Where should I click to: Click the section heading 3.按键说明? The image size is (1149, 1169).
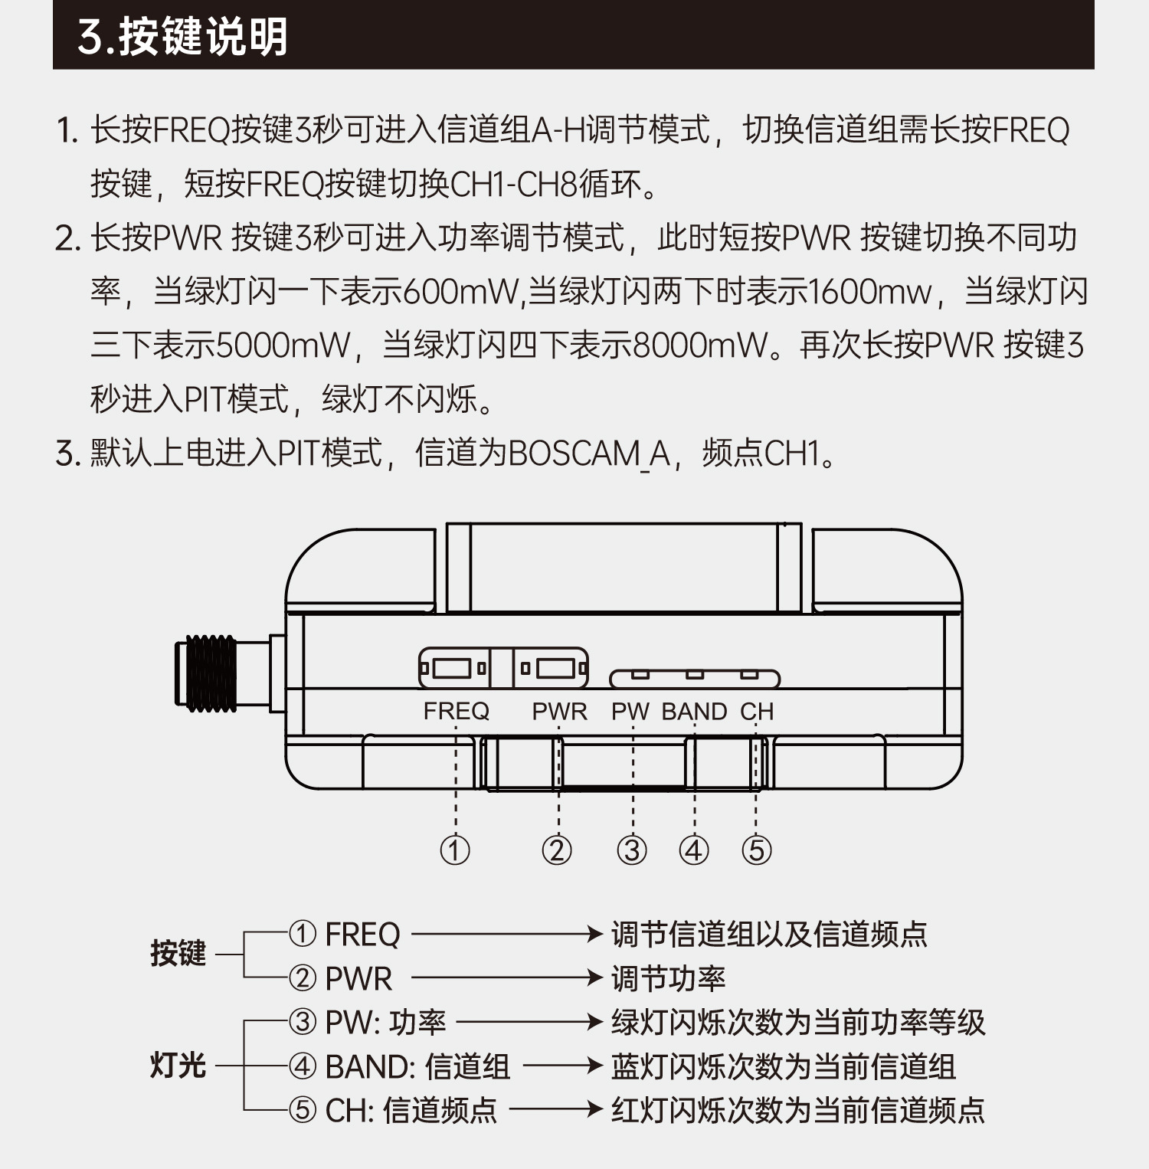[x=182, y=36]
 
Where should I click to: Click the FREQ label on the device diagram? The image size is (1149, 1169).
[x=456, y=711]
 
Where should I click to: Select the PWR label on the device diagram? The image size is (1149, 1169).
[x=559, y=711]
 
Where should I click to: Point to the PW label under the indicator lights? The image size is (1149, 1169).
[x=630, y=711]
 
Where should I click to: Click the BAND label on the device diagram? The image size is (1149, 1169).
[x=694, y=711]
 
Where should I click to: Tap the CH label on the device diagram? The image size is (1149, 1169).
[x=757, y=711]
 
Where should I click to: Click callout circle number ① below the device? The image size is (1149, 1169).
[x=455, y=850]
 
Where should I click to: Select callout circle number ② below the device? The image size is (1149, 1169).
[x=557, y=850]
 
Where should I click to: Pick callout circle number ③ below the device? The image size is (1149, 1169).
[x=632, y=850]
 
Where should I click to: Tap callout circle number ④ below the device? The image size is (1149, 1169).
[x=694, y=850]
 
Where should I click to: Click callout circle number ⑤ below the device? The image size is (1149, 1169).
[x=756, y=850]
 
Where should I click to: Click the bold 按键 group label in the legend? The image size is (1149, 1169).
[x=178, y=954]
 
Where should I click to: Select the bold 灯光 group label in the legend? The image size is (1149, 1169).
[x=178, y=1065]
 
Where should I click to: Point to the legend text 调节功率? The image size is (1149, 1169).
[x=668, y=978]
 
